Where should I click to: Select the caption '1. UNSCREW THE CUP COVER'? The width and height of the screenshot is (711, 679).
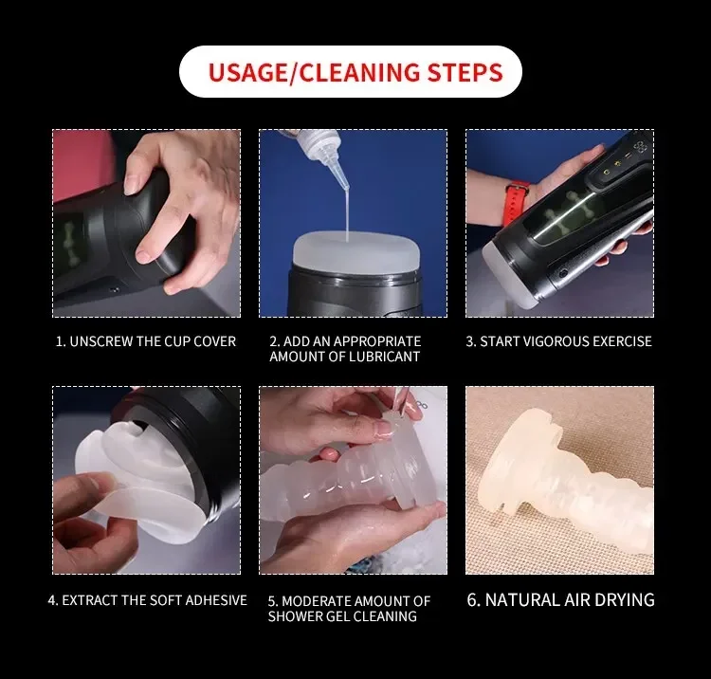[x=146, y=341]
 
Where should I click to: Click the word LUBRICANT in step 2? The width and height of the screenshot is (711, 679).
[x=384, y=357]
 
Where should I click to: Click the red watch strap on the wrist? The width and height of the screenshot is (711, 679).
[x=516, y=203]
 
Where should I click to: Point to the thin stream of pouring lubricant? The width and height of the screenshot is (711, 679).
[x=347, y=215]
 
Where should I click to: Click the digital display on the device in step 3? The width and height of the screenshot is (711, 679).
[x=639, y=146]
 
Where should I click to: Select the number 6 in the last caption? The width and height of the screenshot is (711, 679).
[x=472, y=599]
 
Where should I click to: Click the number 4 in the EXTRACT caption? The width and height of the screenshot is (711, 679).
[x=51, y=600]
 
